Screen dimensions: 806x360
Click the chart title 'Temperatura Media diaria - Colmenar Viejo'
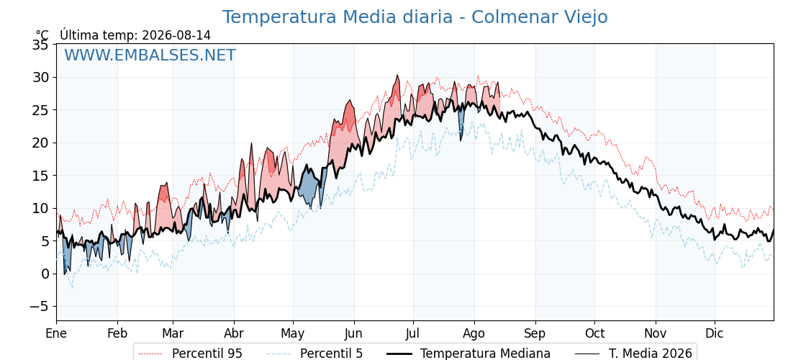415,17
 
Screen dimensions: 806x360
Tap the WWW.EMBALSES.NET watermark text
150,55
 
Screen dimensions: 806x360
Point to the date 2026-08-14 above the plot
176,35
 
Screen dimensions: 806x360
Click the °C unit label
42,35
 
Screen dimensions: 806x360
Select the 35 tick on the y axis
41,45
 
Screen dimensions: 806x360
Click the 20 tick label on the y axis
41,143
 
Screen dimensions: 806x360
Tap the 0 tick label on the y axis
45,274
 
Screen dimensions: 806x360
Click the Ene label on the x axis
56,333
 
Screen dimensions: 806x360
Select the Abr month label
234,333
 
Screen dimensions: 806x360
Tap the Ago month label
474,333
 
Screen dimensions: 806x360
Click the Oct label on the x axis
594,333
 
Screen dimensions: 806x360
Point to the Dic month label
715,333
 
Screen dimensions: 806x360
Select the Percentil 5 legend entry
315,354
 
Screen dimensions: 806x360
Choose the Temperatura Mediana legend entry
468,354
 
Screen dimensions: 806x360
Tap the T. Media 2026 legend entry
633,354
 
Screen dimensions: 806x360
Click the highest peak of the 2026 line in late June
397,76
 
